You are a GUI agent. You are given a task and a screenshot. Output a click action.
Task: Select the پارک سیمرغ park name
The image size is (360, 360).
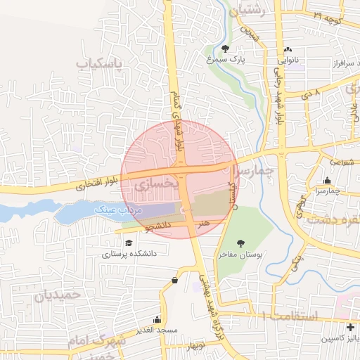pyautogui.click(x=224, y=60)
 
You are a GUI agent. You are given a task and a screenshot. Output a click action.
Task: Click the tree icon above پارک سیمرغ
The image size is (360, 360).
pyautogui.click(x=224, y=49)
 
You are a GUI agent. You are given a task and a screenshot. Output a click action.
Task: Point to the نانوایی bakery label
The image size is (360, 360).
pyautogui.click(x=288, y=60)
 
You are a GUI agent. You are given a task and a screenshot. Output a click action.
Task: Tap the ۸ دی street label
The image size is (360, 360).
pyautogui.click(x=311, y=92)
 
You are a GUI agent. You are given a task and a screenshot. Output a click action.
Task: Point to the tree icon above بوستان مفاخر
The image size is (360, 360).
pyautogui.click(x=240, y=243)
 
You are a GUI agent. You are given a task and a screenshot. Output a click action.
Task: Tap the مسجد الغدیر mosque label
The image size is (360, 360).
pyautogui.click(x=157, y=330)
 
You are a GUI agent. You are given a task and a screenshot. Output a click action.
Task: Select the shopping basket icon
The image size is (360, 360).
pyautogui.click(x=174, y=281)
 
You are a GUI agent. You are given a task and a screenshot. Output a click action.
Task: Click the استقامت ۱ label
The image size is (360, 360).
pyautogui.click(x=289, y=317)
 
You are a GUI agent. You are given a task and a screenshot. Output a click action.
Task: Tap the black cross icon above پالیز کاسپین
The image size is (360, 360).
pyautogui.click(x=350, y=327)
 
